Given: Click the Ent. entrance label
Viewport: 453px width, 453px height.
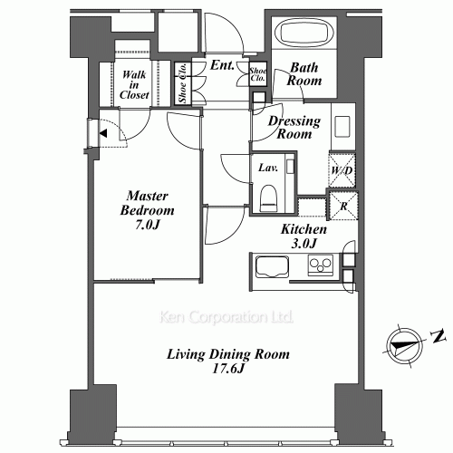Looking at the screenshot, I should click(222, 65).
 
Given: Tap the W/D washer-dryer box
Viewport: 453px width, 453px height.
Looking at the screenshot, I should click(342, 169).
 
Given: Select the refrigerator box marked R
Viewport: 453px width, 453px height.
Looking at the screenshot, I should click(342, 205).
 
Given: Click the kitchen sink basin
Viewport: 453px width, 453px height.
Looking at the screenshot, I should click(269, 266).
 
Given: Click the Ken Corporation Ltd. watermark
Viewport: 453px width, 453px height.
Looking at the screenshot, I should click(226, 318).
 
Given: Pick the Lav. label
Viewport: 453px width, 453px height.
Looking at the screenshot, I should click(267, 169).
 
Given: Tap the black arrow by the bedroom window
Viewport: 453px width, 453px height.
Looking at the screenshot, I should click(105, 134).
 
